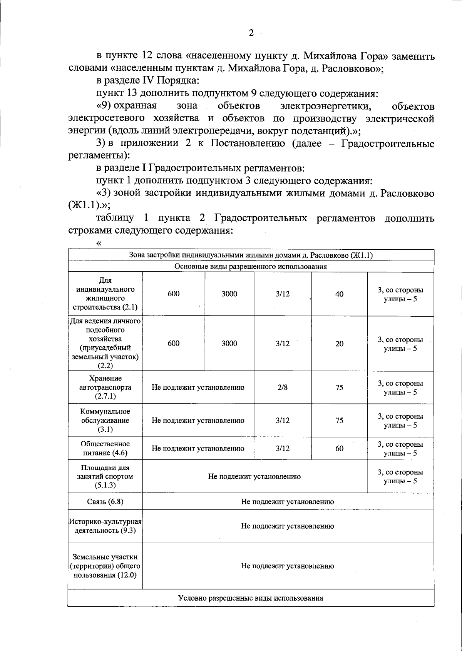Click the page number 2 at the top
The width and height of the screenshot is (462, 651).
251,33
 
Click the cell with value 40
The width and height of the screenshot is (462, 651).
339,294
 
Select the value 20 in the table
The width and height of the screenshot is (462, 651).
339,344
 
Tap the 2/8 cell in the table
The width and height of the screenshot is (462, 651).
282,387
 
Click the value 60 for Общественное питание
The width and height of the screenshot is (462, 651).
339,449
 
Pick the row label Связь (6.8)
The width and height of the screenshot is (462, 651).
105,502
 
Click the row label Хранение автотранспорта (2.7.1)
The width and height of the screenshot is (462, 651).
105,387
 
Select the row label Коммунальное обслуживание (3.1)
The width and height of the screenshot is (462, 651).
105,421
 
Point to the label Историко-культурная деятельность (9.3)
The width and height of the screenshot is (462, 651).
105,526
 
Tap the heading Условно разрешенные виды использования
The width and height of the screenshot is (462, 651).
251,598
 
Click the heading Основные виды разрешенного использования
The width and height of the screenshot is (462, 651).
251,267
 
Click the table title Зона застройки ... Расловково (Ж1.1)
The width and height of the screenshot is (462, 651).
251,255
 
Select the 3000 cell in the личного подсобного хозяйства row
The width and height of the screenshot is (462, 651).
229,344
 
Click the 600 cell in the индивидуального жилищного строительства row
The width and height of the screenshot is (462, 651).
174,294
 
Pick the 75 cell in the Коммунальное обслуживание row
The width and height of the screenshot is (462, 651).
339,421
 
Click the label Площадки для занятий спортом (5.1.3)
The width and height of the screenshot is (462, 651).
105,477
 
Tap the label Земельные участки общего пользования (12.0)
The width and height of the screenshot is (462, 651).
105,566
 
